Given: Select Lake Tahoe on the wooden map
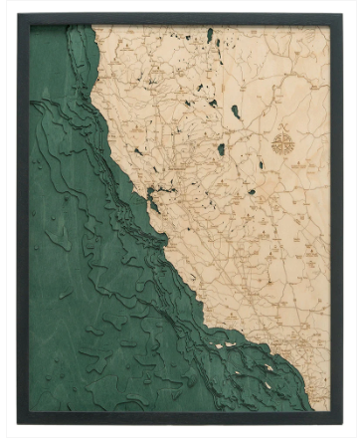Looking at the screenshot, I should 221,149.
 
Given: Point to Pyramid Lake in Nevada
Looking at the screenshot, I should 236,111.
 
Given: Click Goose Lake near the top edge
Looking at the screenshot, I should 210,36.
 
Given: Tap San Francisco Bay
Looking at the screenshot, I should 152,195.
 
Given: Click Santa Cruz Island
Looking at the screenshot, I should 230,347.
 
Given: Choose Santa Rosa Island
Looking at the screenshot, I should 216,349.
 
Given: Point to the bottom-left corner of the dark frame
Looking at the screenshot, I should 18,424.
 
